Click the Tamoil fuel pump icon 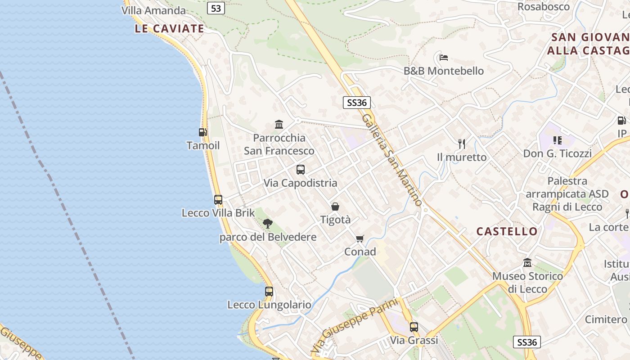203,132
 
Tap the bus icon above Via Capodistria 301,170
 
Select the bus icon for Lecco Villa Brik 218,199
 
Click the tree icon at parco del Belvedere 268,223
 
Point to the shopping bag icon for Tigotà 335,207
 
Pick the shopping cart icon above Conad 360,238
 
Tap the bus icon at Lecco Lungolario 269,291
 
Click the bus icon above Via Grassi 414,327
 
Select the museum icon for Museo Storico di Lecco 527,262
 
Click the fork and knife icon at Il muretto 462,144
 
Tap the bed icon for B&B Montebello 444,58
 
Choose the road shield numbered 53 216,8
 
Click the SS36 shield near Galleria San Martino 357,103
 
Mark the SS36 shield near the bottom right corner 527,342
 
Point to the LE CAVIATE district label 169,29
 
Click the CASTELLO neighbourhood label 507,231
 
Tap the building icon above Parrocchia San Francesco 279,124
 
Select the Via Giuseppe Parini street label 355,325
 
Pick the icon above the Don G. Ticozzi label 558,140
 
